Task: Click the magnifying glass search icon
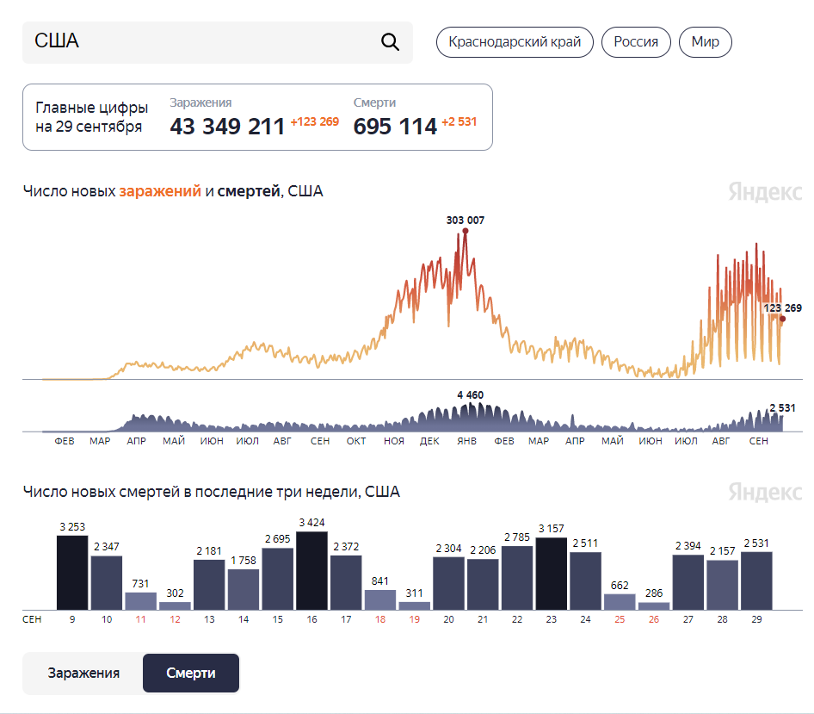(x=390, y=41)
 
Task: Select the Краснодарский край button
(x=515, y=42)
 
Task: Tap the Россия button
(x=636, y=42)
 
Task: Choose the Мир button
(x=705, y=42)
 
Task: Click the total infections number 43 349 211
(x=227, y=127)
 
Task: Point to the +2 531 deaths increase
(x=459, y=121)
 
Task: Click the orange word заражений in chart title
(x=160, y=191)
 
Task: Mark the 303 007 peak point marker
(x=466, y=231)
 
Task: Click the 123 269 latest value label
(x=782, y=308)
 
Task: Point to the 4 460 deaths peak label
(x=471, y=395)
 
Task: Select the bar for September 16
(x=311, y=570)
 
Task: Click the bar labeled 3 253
(x=72, y=573)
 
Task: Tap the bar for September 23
(x=552, y=574)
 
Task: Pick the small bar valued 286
(x=654, y=606)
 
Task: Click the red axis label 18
(x=380, y=619)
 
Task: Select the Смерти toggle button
(x=191, y=673)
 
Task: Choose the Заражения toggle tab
(x=83, y=673)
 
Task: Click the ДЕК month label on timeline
(x=429, y=441)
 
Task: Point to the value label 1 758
(x=244, y=560)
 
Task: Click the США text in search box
(x=57, y=40)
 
